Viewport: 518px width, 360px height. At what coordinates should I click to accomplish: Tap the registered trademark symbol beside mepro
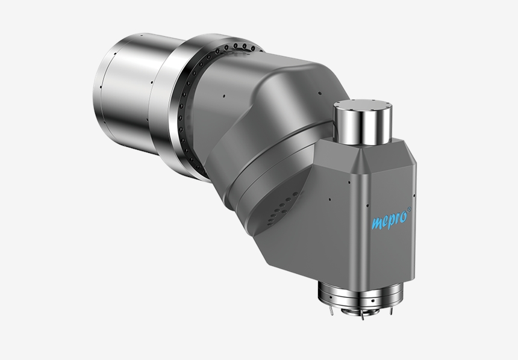click(409, 209)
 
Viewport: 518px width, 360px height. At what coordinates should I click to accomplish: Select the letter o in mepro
click(402, 217)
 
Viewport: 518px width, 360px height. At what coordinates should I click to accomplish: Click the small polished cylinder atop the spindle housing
click(363, 122)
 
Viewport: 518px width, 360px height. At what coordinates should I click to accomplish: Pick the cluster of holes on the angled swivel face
click(280, 209)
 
